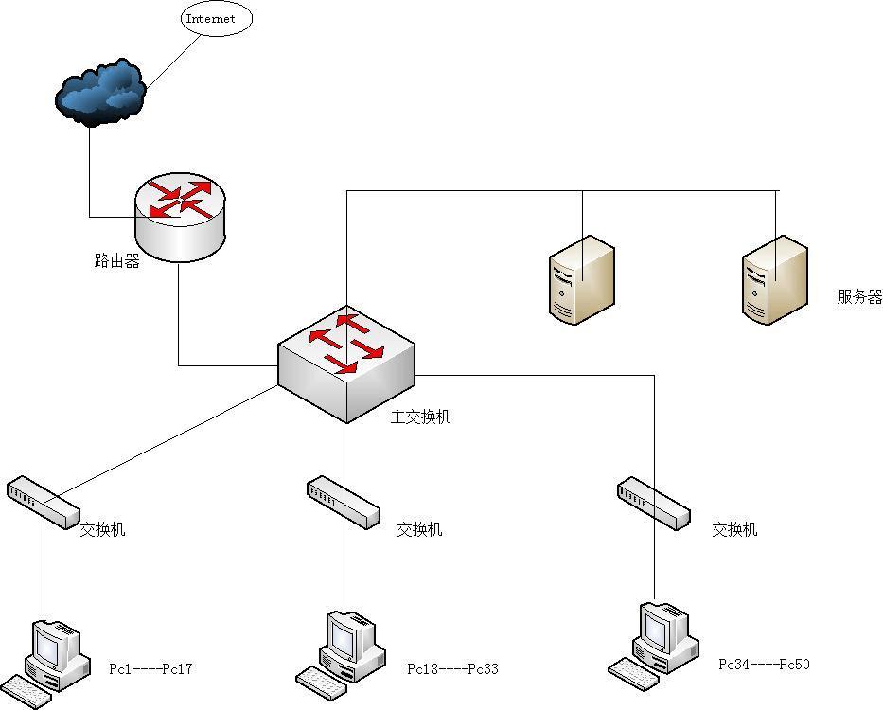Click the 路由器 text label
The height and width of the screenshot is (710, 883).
[x=117, y=261]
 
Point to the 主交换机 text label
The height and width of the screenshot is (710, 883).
[x=421, y=417]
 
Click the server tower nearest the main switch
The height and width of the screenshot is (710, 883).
[x=581, y=279]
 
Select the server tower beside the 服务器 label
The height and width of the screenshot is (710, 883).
[x=774, y=279]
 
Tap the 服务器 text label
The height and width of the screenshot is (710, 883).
[x=859, y=297]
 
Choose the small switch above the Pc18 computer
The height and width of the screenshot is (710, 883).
[x=343, y=501]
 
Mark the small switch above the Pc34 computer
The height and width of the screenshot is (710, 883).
[x=653, y=503]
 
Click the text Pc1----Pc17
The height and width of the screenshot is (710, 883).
[x=151, y=669]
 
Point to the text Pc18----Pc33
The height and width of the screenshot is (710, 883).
[x=452, y=669]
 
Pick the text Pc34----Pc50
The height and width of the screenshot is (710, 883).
[x=764, y=665]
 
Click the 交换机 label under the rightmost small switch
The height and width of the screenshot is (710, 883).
[x=734, y=530]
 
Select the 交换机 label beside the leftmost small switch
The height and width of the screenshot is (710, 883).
[x=102, y=529]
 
